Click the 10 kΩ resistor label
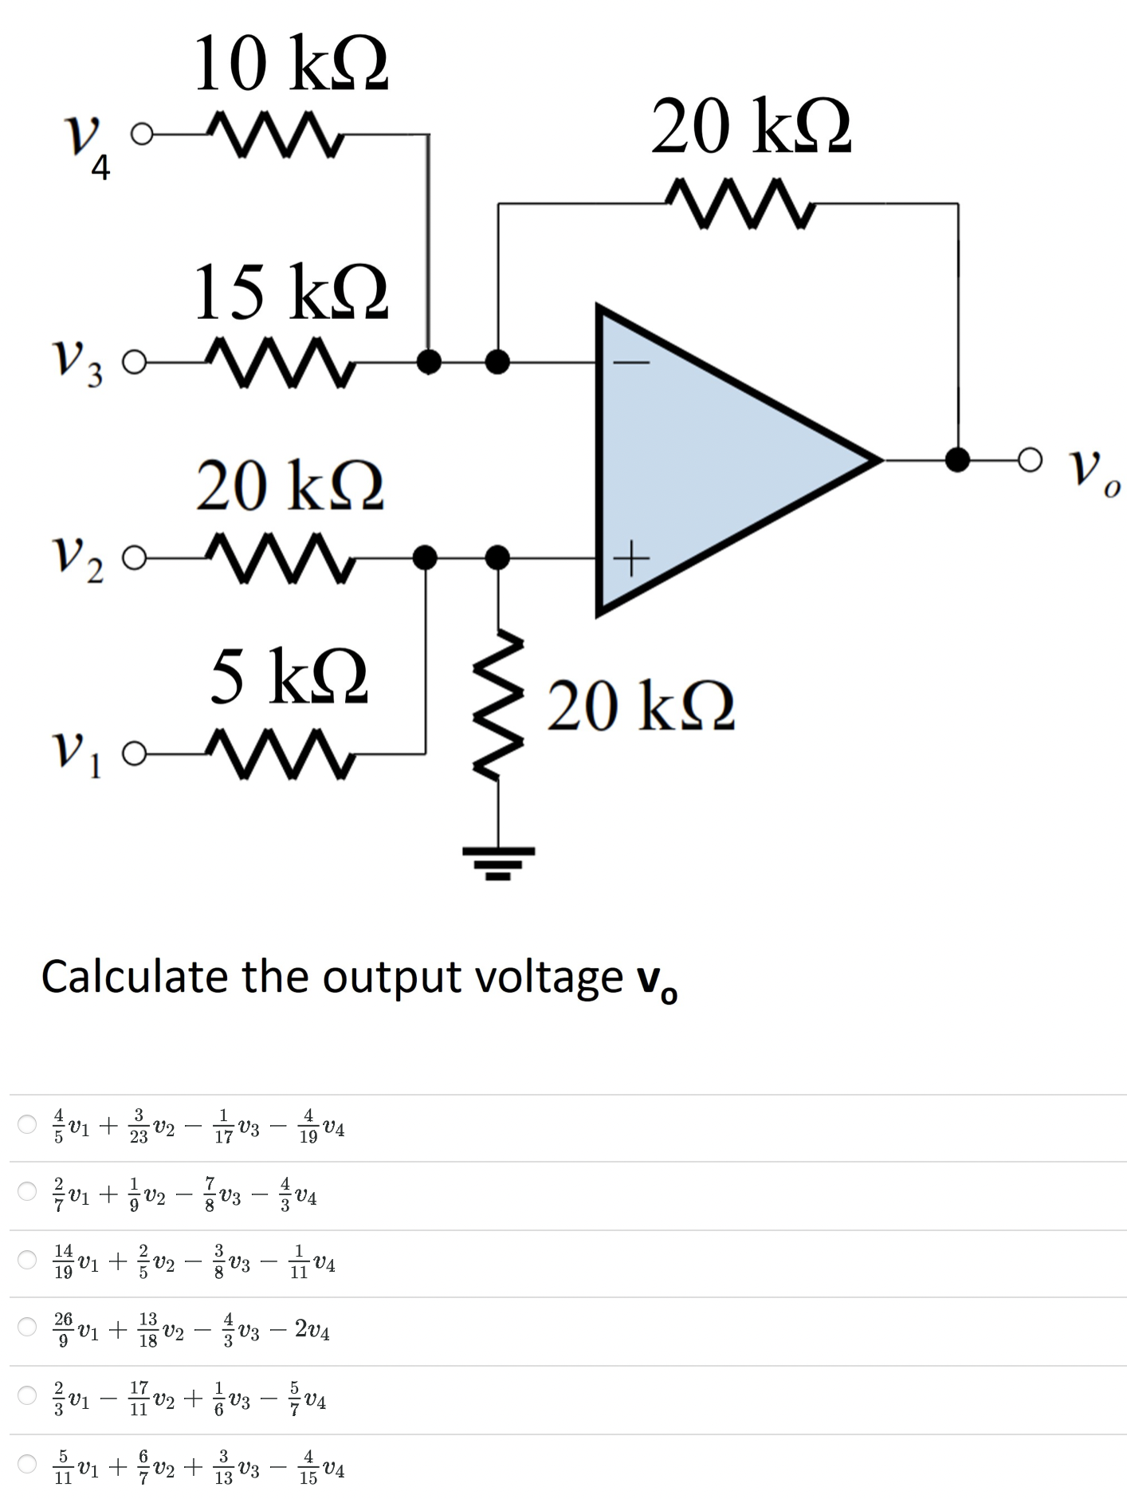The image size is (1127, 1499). point(290,64)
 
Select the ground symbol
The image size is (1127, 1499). point(499,861)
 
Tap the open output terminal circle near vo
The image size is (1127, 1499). point(1030,459)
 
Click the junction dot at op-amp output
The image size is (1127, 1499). point(957,459)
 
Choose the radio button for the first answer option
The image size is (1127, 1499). point(28,1124)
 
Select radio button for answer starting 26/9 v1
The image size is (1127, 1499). point(28,1327)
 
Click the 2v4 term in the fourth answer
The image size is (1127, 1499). point(312,1329)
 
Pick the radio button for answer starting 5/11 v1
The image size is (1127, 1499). point(28,1464)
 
